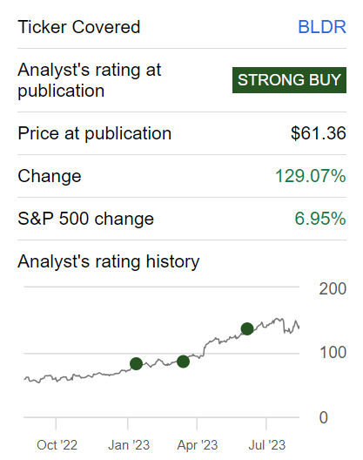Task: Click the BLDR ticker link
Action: [322, 27]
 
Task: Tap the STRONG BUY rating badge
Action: [289, 80]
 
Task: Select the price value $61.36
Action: [319, 133]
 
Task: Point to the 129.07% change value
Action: [311, 176]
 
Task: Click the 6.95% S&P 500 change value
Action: [320, 219]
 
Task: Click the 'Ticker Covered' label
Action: [79, 27]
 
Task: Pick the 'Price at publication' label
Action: [94, 133]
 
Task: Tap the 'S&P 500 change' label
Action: [85, 219]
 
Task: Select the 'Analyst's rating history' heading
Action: [109, 261]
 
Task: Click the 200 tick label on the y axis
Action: [333, 288]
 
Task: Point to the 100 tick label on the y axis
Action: [333, 353]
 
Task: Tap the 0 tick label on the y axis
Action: [324, 417]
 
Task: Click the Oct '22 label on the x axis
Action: [57, 445]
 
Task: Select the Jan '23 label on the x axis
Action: [129, 445]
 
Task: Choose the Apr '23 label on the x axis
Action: [198, 445]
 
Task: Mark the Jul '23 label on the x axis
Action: [267, 445]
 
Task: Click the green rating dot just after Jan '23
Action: [136, 364]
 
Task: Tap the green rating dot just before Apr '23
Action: [184, 362]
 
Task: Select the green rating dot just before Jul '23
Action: [247, 328]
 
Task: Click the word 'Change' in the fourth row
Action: [50, 176]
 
